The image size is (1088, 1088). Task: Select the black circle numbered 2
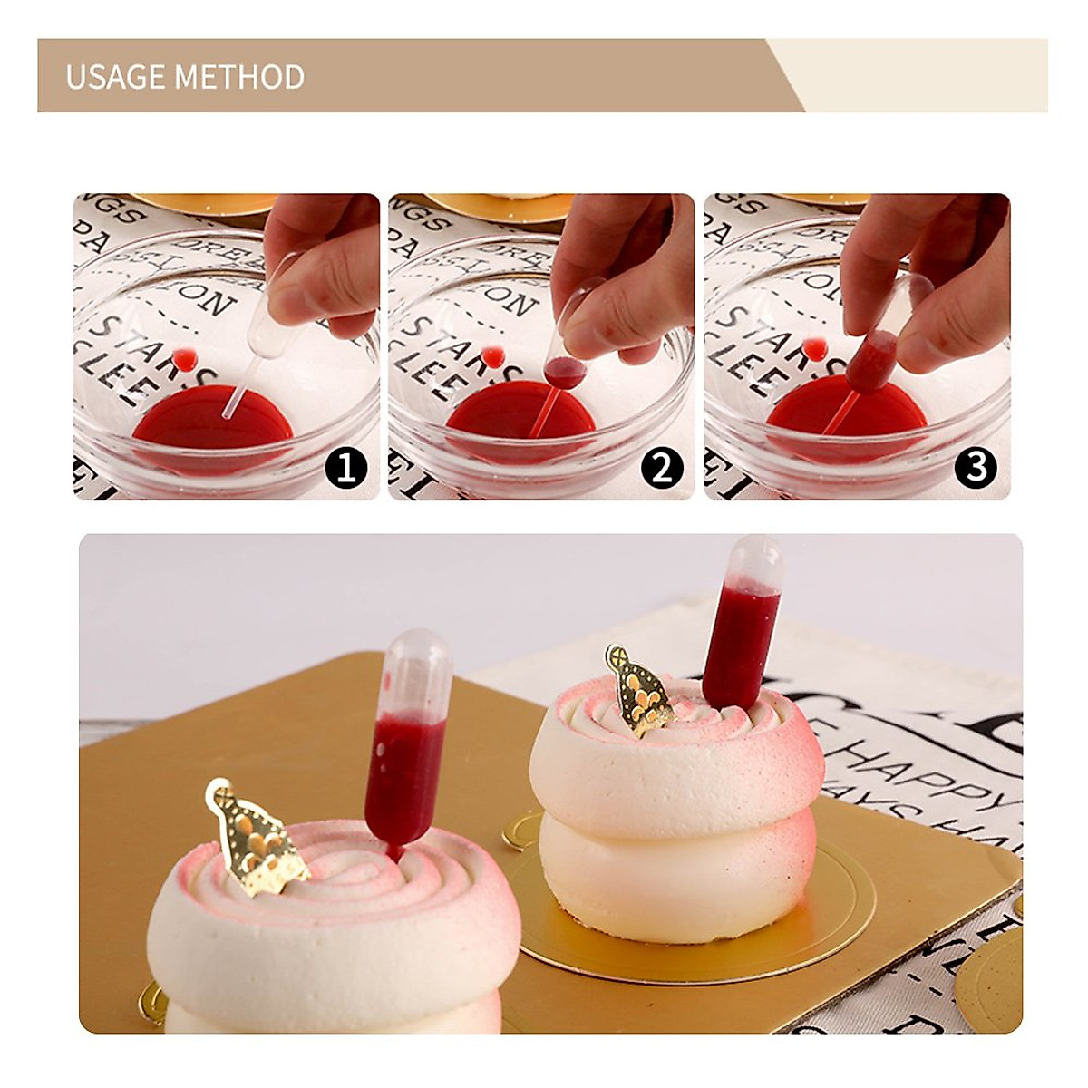[x=661, y=468]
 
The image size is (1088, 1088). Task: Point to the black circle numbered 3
[x=976, y=468]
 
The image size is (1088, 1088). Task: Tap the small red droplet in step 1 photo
[x=187, y=358]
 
